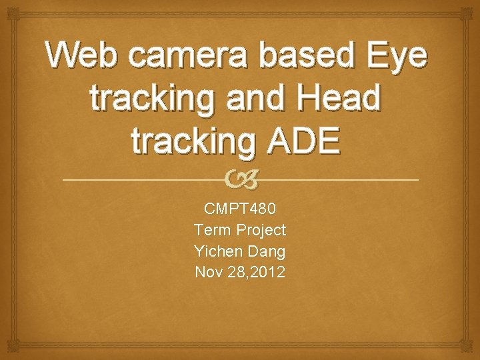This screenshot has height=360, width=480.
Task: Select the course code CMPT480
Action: click(x=239, y=209)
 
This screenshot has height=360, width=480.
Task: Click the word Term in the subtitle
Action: click(x=213, y=230)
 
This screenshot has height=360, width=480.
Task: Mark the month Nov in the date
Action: click(x=207, y=272)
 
